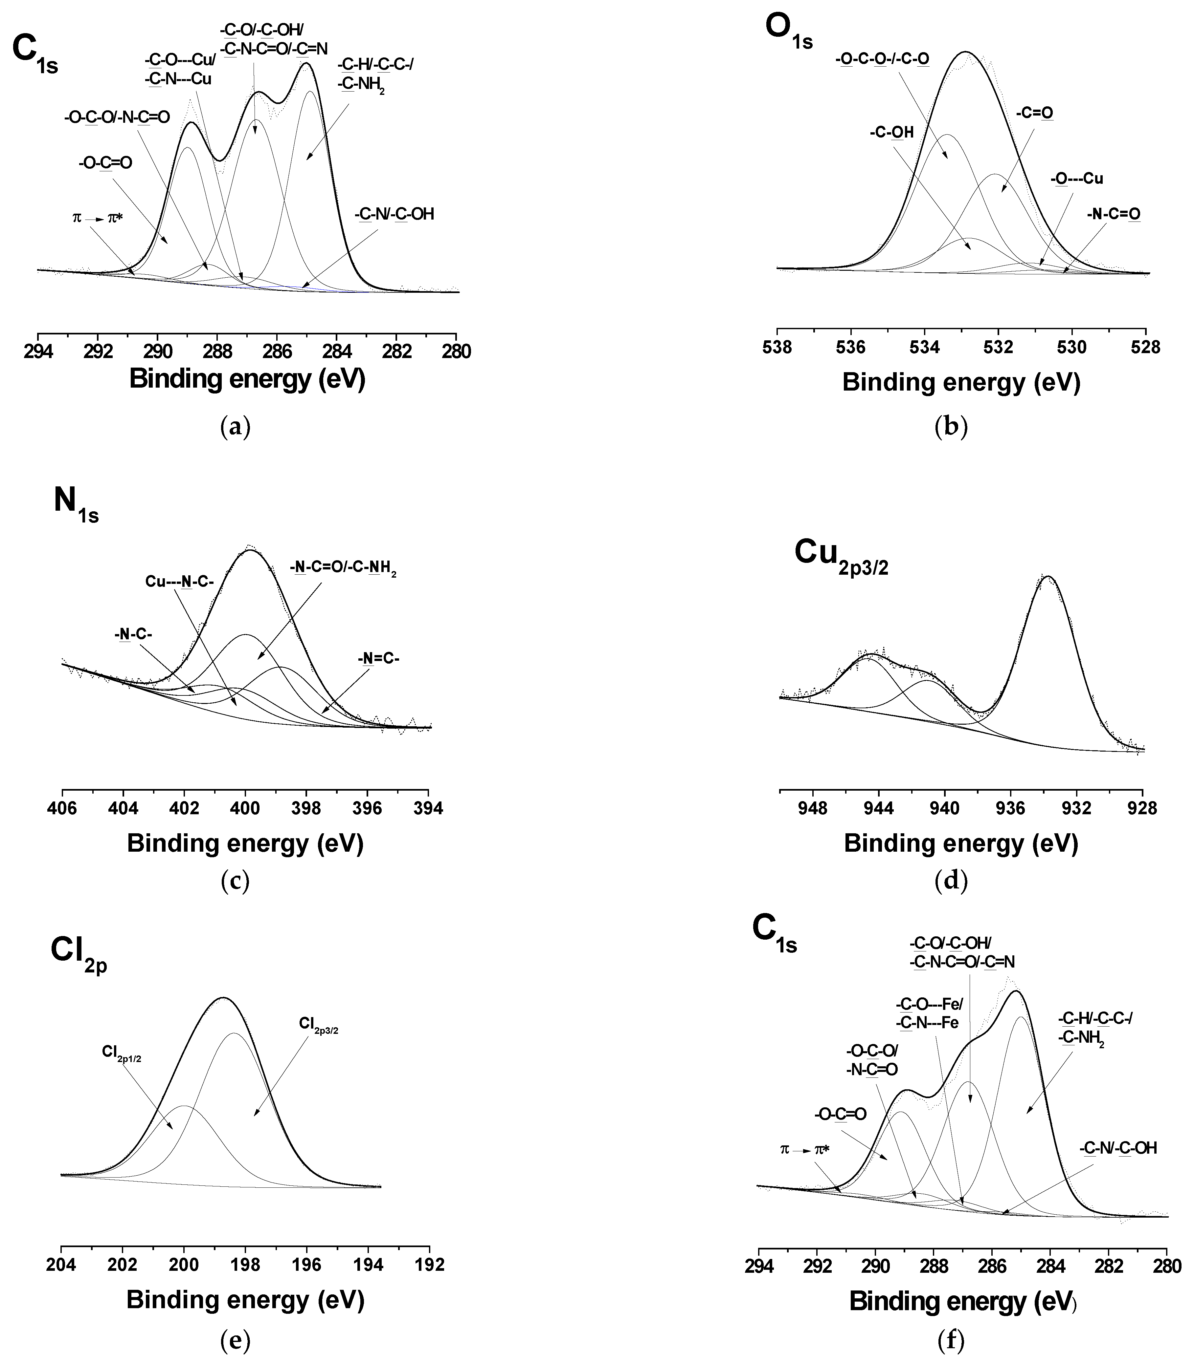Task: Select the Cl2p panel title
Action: point(79,955)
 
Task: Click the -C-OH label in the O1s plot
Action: point(891,133)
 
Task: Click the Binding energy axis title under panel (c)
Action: point(245,843)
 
